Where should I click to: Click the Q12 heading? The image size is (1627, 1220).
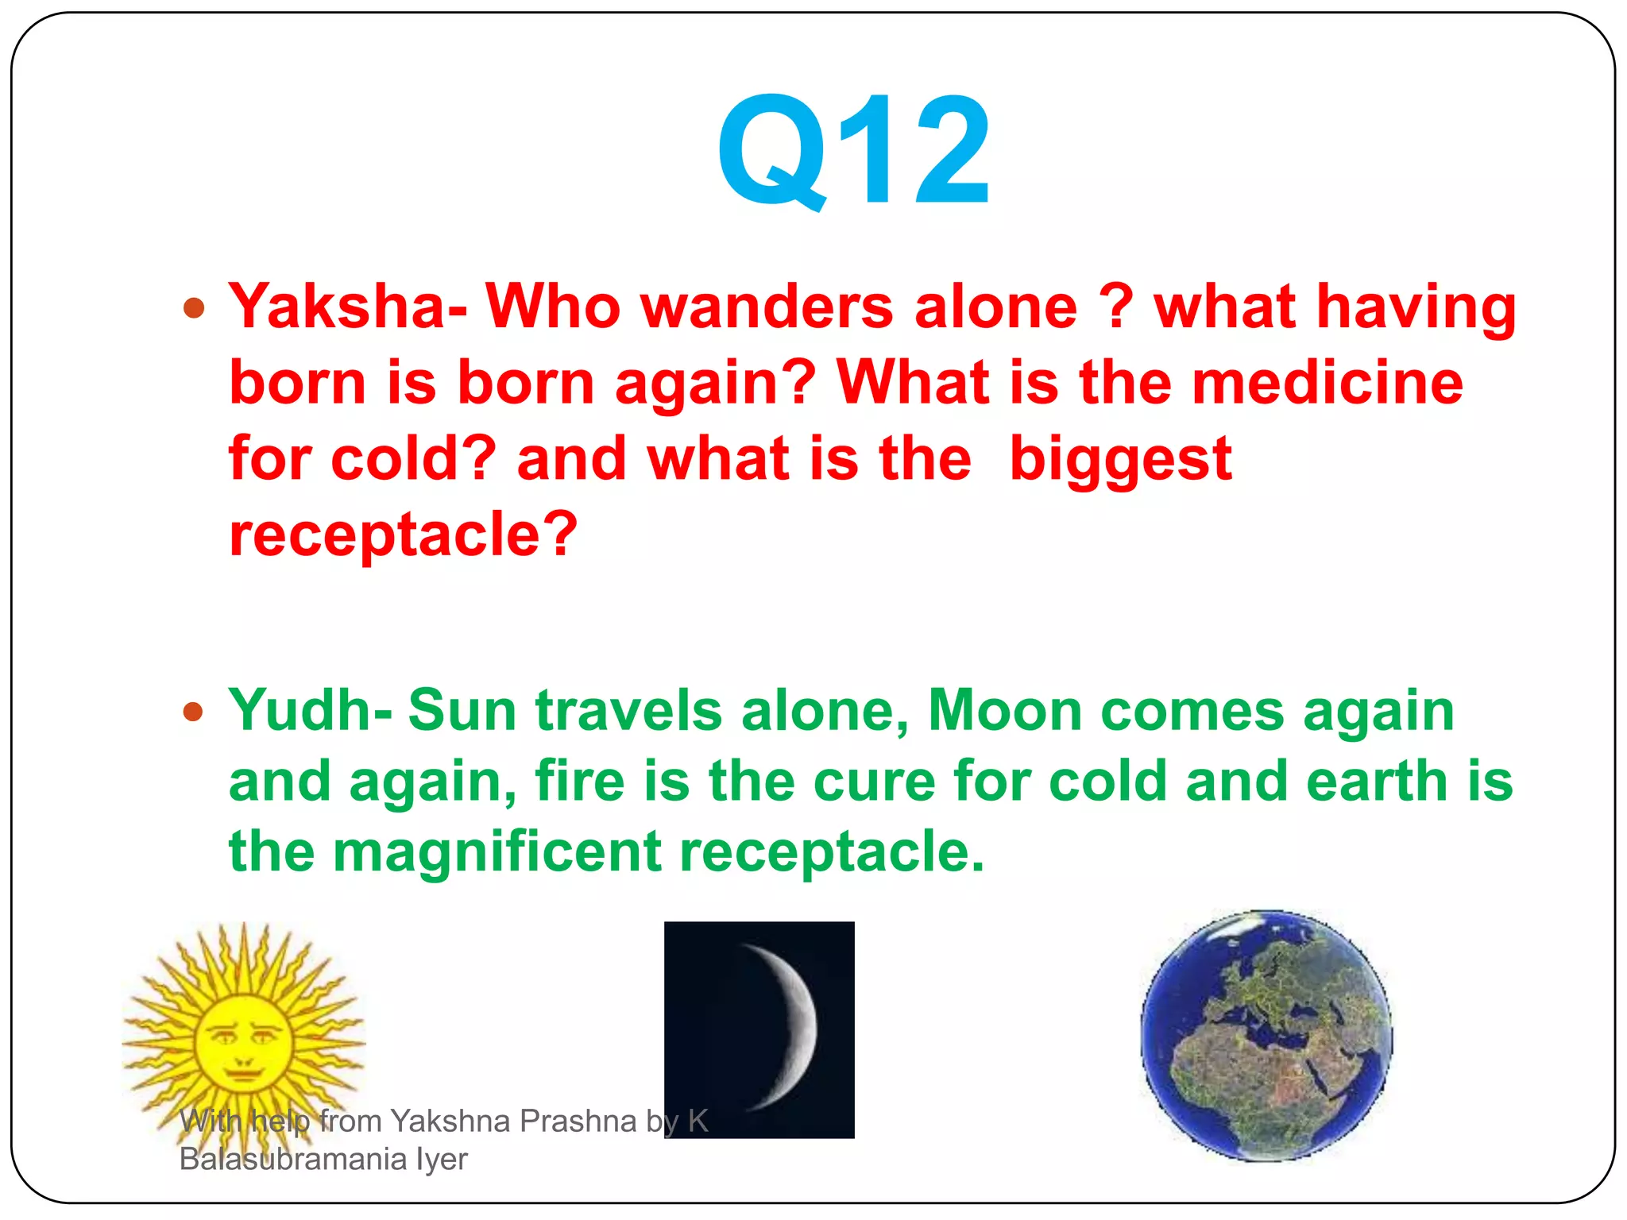point(853,151)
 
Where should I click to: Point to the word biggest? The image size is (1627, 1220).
point(1120,459)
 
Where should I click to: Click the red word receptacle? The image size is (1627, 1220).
point(403,534)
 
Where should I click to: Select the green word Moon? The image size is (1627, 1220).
point(1004,709)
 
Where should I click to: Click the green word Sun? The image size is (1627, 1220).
point(462,709)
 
